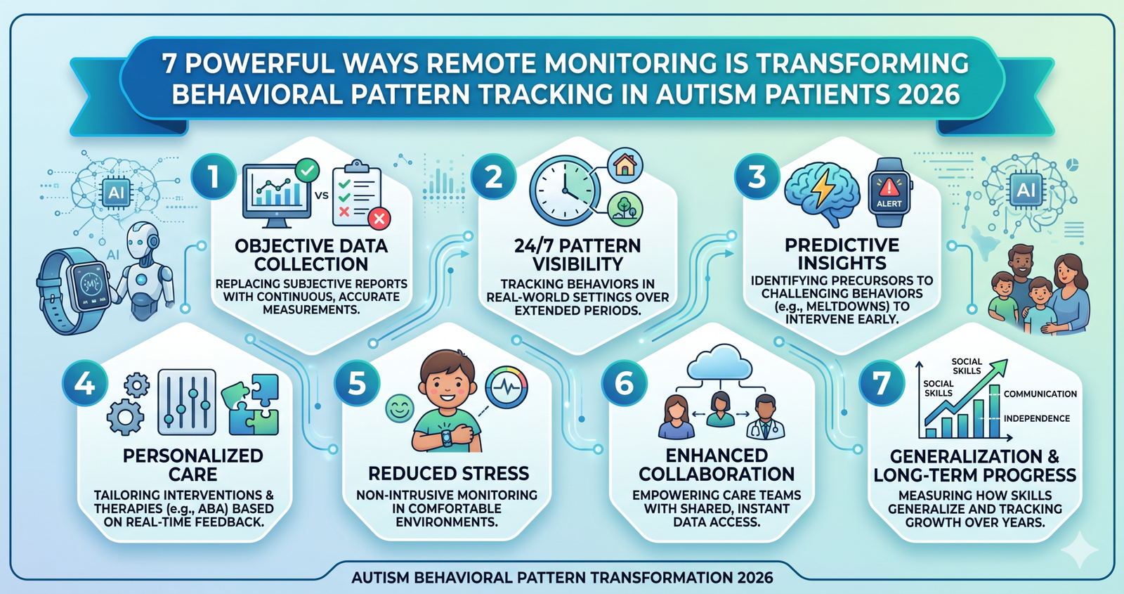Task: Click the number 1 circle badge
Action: point(214,176)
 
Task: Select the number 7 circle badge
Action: point(882,384)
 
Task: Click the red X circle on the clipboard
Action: point(379,219)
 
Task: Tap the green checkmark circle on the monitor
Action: point(307,170)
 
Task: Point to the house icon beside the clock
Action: point(625,165)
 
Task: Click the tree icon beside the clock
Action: point(625,208)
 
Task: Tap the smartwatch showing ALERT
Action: point(889,193)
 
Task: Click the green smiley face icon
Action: point(400,408)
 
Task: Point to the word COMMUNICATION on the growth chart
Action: point(1040,394)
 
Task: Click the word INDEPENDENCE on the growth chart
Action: point(1036,418)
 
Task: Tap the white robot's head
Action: point(143,242)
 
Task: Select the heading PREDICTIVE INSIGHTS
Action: point(842,254)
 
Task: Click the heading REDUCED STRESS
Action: point(449,474)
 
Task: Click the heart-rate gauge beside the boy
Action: point(507,387)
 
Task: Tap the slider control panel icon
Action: point(187,402)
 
